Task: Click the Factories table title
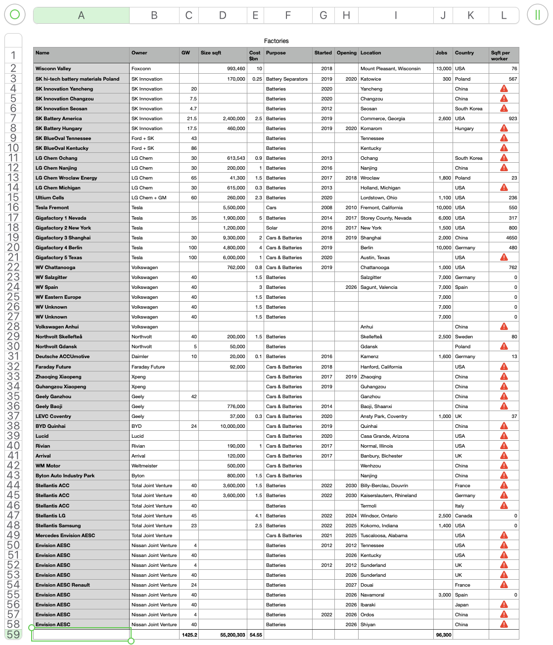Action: tap(276, 41)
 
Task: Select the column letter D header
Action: tap(223, 15)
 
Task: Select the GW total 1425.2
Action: tap(189, 635)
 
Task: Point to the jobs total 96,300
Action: tap(443, 635)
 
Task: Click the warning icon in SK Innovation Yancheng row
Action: tap(504, 89)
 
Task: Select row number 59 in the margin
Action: tap(13, 635)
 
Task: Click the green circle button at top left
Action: tap(15, 14)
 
